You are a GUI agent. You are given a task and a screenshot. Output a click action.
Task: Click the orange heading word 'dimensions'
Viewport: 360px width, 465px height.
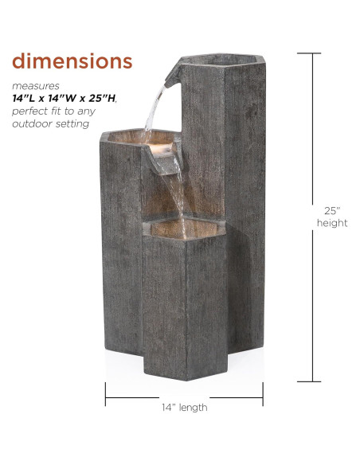(x=72, y=61)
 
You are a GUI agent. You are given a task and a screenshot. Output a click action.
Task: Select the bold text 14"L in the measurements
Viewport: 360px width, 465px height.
(x=25, y=98)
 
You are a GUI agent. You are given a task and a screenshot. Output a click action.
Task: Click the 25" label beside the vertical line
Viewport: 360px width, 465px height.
(x=332, y=211)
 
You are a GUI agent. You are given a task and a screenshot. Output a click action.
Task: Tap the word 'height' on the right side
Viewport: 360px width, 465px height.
(x=332, y=224)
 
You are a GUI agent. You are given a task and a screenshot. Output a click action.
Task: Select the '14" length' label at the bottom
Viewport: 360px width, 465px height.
(x=184, y=407)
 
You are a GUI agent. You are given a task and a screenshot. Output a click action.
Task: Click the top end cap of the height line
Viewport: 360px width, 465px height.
(x=311, y=54)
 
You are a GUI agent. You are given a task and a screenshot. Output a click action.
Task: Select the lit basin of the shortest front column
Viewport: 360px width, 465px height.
(x=185, y=229)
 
